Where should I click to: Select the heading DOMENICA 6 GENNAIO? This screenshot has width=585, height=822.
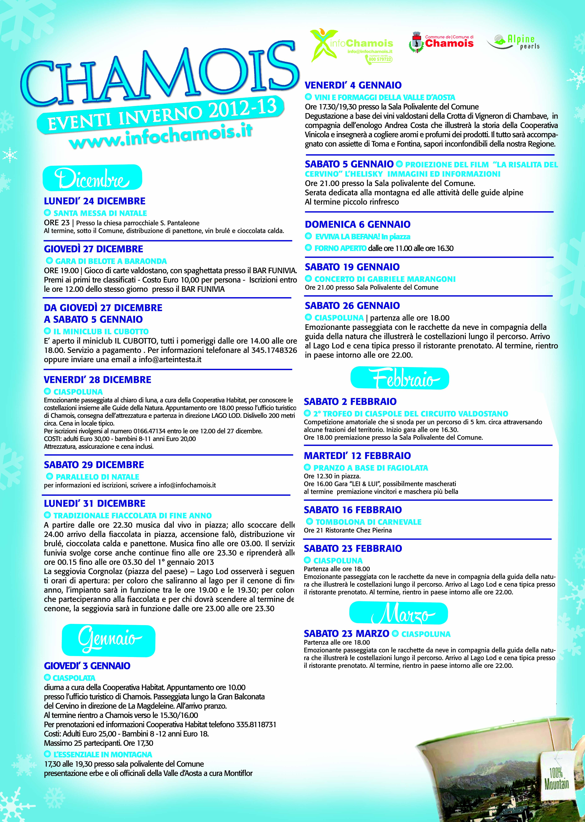pos(357,224)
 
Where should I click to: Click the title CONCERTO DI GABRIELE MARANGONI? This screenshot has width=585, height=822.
pos(385,279)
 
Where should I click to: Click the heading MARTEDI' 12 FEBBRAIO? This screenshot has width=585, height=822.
pos(357,456)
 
